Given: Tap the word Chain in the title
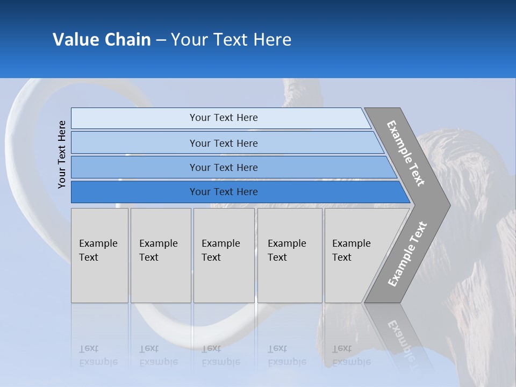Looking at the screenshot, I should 128,40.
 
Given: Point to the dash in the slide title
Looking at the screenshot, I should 161,40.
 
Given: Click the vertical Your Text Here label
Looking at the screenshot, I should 62,155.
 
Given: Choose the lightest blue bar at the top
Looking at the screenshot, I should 223,118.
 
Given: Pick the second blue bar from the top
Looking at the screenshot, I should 223,143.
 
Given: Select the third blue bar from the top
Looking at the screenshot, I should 223,167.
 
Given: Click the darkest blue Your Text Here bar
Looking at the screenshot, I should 223,192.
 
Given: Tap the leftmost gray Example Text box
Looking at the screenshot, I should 99,255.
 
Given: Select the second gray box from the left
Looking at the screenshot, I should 160,255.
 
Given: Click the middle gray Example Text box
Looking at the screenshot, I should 224,255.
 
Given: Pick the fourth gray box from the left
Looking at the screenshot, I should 289,255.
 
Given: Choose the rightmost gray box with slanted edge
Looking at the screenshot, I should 355,255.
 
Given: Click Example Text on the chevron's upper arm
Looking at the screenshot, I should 406,153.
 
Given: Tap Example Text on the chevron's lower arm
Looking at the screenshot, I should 407,254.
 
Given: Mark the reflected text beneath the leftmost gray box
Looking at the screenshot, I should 98,355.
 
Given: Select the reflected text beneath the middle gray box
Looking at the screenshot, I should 220,355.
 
